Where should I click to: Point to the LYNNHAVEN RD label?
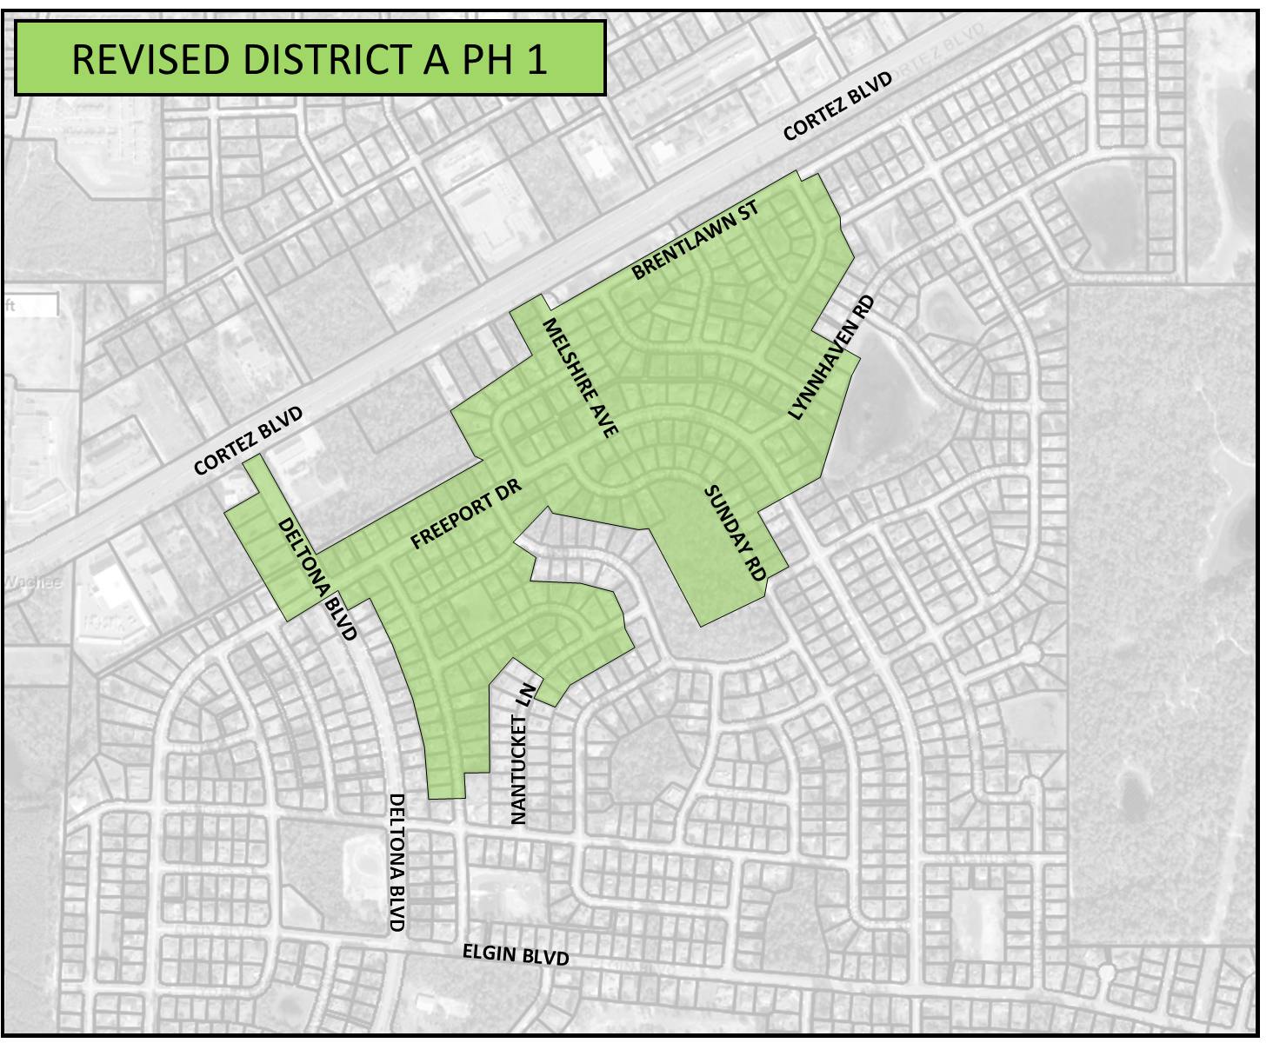830,358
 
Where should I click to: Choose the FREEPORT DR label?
465,515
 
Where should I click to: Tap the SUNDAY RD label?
734,534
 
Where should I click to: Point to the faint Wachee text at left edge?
31,582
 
